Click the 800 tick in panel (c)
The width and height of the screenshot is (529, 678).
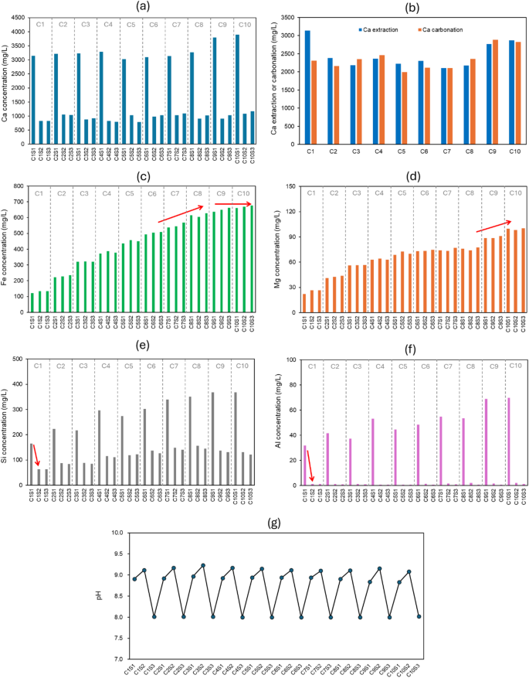tap(21, 189)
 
